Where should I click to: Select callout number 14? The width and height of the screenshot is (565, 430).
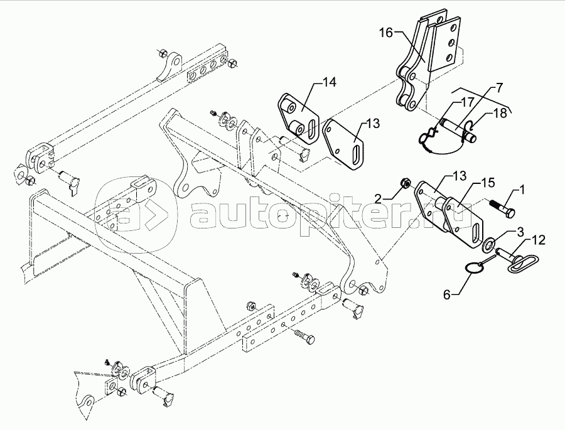pyautogui.click(x=330, y=82)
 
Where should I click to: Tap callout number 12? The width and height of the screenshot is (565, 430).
pyautogui.click(x=540, y=239)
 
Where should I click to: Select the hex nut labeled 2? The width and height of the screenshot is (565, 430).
pyautogui.click(x=406, y=183)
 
